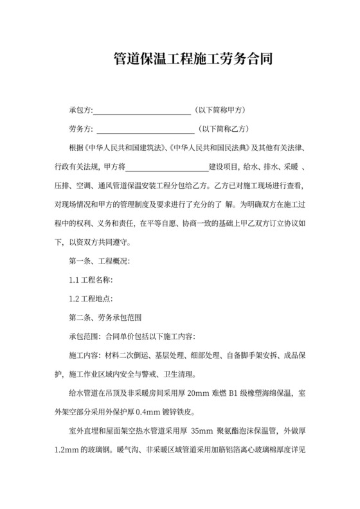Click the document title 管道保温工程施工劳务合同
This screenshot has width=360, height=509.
(x=179, y=60)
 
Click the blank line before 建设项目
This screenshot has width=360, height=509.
(x=166, y=167)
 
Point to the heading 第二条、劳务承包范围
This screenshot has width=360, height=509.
(x=104, y=317)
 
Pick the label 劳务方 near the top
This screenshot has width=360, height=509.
(x=80, y=128)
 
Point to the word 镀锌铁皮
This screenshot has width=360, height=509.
(x=170, y=411)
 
